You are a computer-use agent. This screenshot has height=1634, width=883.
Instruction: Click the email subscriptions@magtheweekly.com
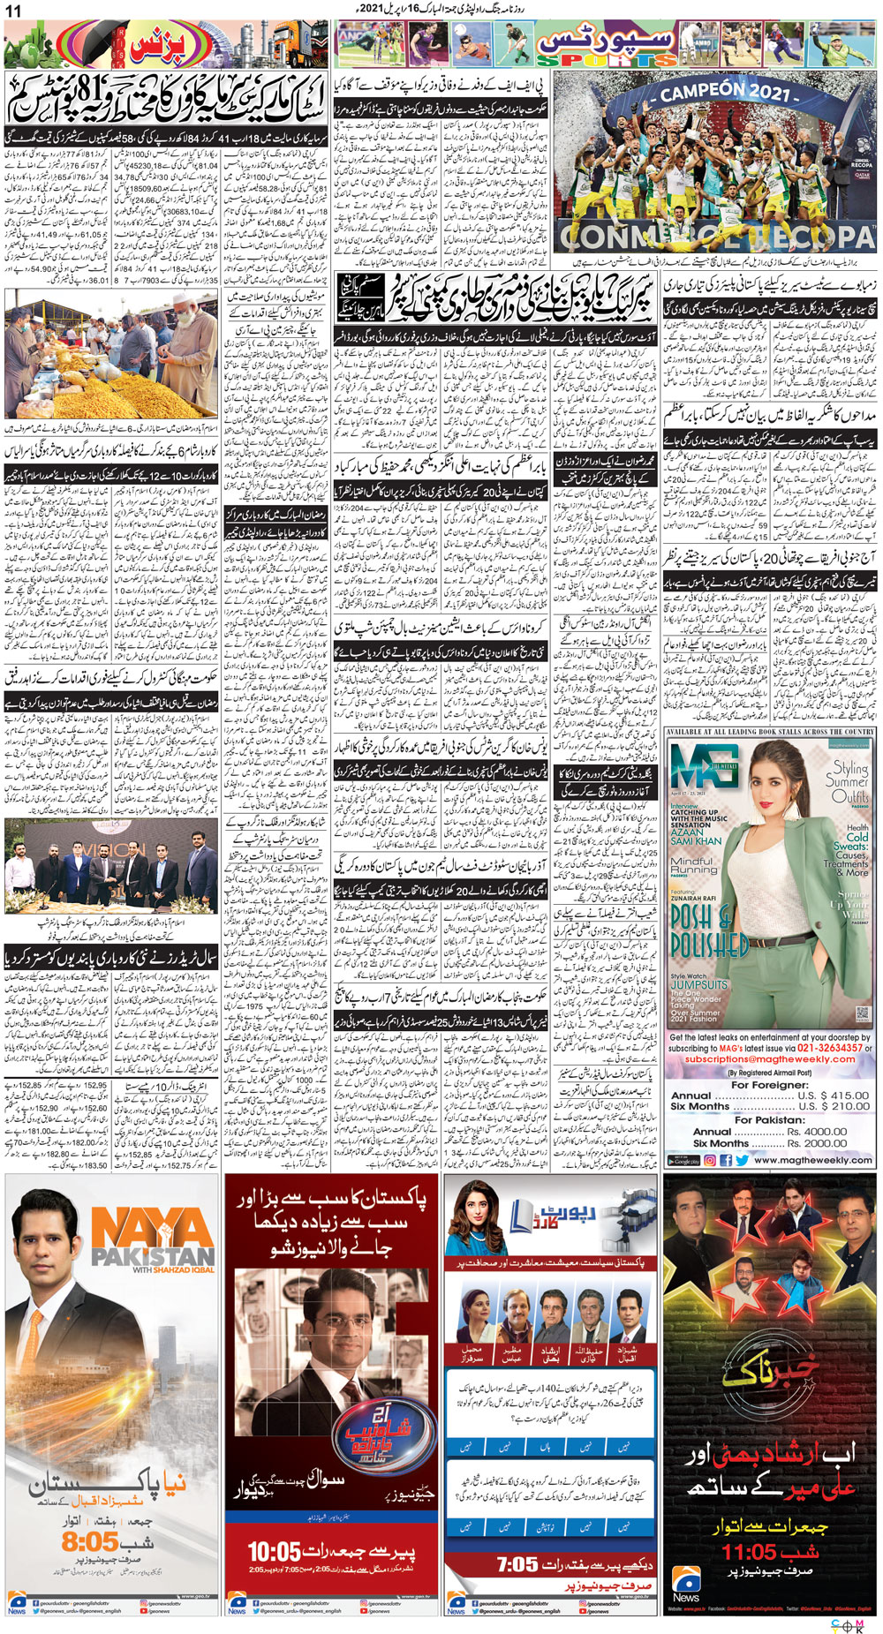[770, 1059]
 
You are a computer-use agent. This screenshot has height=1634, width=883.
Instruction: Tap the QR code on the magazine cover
[863, 1013]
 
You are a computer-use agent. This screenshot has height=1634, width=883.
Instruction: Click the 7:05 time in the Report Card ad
[517, 1564]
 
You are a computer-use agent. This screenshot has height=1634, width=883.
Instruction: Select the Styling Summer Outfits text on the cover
[846, 782]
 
